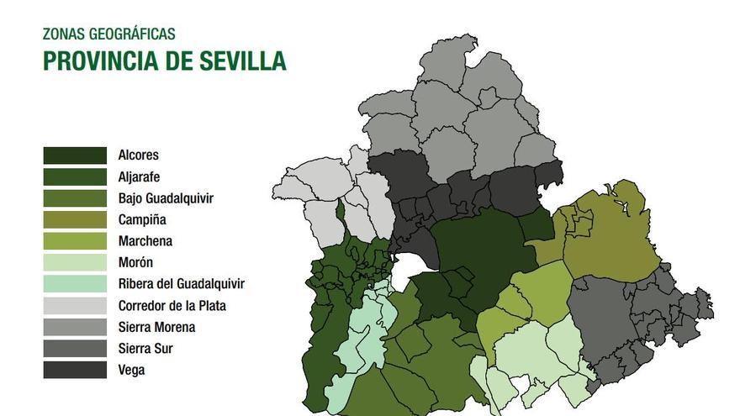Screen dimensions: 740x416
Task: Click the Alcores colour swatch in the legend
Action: click(x=75, y=155)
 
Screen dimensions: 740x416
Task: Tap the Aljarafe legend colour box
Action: click(x=75, y=177)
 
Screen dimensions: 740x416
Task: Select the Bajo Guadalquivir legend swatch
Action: click(x=75, y=198)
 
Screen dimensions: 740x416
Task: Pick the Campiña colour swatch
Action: click(x=75, y=220)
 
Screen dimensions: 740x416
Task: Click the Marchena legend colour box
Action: click(x=75, y=241)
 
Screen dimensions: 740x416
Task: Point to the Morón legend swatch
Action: click(x=75, y=263)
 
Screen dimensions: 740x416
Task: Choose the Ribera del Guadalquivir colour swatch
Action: click(x=75, y=284)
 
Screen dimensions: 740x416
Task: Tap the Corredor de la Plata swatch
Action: click(x=75, y=306)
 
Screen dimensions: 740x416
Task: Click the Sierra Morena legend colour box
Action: click(x=75, y=327)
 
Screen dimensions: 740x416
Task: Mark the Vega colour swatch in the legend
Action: click(x=75, y=370)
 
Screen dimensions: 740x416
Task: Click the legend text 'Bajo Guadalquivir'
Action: click(x=166, y=199)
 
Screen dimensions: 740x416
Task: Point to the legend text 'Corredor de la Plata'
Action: click(x=172, y=306)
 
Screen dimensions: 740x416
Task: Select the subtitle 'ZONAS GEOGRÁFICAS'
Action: click(x=109, y=34)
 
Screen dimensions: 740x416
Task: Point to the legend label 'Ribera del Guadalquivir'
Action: click(x=182, y=284)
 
